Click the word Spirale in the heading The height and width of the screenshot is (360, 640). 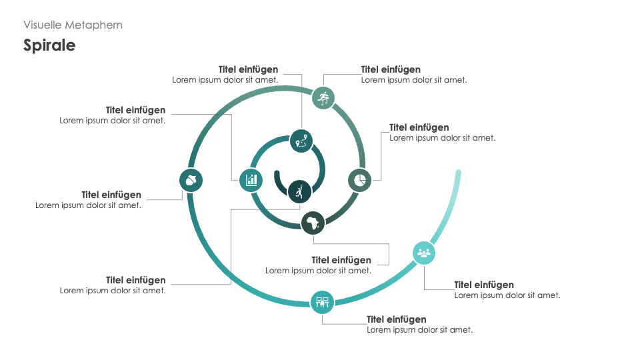tap(49, 45)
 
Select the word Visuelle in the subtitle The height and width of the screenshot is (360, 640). tap(43, 25)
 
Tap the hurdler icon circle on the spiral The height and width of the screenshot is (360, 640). tap(323, 98)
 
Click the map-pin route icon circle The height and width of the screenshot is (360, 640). tap(301, 141)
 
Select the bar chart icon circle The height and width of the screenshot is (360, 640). tap(251, 179)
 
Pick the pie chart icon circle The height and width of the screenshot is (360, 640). tap(359, 180)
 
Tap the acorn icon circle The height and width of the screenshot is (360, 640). tap(191, 180)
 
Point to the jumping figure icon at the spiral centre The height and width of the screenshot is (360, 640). tap(299, 191)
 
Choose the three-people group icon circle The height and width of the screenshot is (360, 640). tap(424, 253)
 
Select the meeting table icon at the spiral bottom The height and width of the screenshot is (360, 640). tap(322, 302)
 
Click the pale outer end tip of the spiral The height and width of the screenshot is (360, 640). tap(458, 173)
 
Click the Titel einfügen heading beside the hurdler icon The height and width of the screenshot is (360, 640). tap(391, 69)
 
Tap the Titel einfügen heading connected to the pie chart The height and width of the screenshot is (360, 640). tap(419, 127)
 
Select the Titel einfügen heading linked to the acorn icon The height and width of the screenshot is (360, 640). tap(111, 195)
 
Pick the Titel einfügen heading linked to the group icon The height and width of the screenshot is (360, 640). tap(484, 285)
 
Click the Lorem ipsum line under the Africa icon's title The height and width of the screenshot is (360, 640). tap(318, 271)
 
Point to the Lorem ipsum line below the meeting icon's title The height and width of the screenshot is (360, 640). tap(419, 330)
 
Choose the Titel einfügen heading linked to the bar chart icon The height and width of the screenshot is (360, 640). tap(135, 110)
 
